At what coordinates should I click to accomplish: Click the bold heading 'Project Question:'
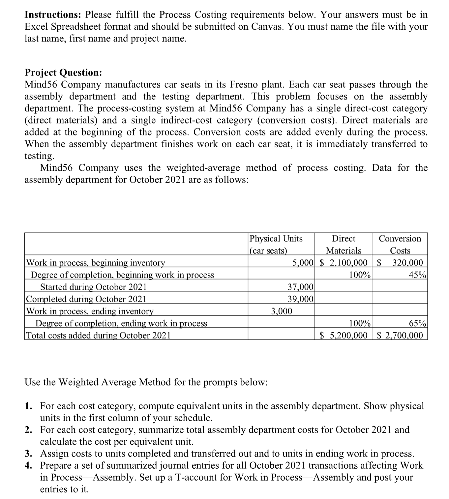(x=63, y=73)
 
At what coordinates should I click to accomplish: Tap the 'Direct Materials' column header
(x=344, y=245)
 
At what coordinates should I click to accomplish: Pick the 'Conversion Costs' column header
(x=400, y=245)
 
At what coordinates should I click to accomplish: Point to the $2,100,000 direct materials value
(x=344, y=263)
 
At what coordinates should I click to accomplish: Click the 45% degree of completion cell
(x=418, y=275)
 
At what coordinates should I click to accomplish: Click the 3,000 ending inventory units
(x=281, y=311)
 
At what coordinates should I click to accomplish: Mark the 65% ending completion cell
(x=418, y=323)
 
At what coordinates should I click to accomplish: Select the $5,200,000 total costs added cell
(x=344, y=336)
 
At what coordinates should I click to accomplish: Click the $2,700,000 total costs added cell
(x=400, y=336)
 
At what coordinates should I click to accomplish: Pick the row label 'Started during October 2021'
(x=93, y=287)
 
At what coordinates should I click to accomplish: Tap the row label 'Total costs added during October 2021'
(x=98, y=336)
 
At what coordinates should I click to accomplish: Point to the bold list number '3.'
(x=29, y=454)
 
